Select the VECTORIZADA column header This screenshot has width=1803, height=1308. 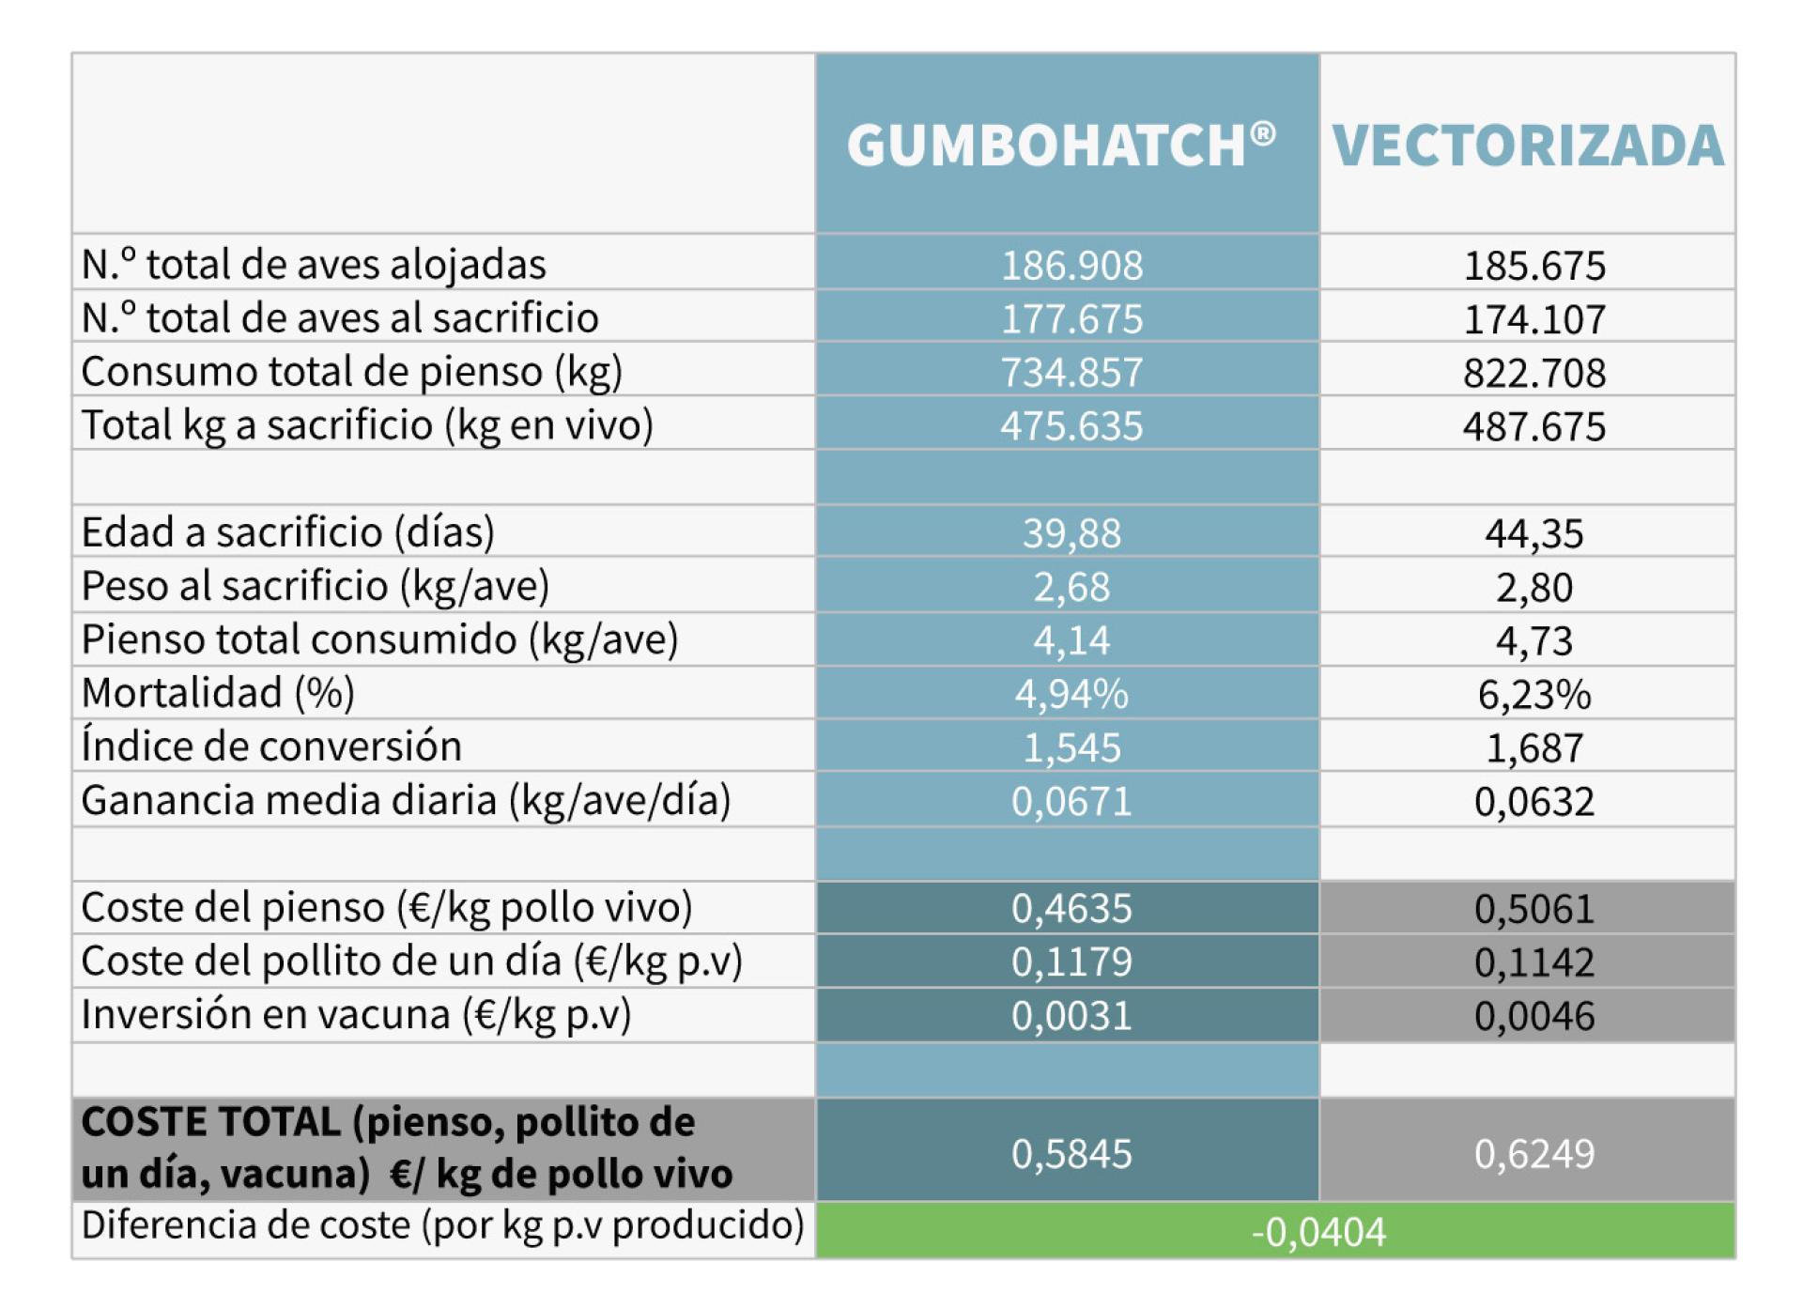pyautogui.click(x=1528, y=146)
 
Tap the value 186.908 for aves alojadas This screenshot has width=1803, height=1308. pyautogui.click(x=1071, y=266)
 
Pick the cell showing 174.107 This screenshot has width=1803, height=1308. pyautogui.click(x=1534, y=319)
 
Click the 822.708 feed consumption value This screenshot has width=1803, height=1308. pyautogui.click(x=1534, y=373)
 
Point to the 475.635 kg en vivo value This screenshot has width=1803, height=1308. pyautogui.click(x=1071, y=426)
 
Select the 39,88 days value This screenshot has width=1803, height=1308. pyautogui.click(x=1071, y=533)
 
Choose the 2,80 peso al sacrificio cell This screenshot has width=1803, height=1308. pyautogui.click(x=1534, y=587)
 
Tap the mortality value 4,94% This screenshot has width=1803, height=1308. pyautogui.click(x=1071, y=694)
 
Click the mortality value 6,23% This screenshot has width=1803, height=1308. pyautogui.click(x=1534, y=694)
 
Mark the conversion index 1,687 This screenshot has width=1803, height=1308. pyautogui.click(x=1534, y=747)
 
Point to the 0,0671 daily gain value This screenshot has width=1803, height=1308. pyautogui.click(x=1071, y=801)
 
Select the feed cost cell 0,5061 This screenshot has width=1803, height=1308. pyautogui.click(x=1534, y=908)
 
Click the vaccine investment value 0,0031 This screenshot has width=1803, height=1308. pyautogui.click(x=1071, y=1015)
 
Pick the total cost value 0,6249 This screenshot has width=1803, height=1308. pyautogui.click(x=1534, y=1153)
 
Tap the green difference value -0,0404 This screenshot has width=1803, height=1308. pyautogui.click(x=1318, y=1232)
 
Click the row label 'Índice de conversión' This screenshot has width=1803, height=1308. pyautogui.click(x=271, y=746)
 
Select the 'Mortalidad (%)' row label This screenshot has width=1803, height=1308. pyautogui.click(x=218, y=693)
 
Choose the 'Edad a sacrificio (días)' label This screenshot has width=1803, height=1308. pyautogui.click(x=287, y=532)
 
